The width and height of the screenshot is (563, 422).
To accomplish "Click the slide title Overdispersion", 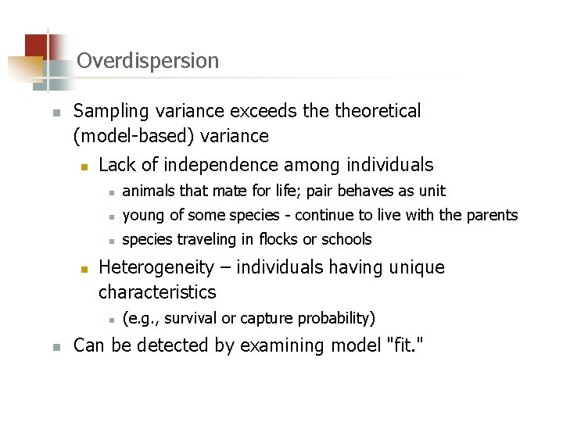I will coord(148,60).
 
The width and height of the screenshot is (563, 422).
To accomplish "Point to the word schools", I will coord(347,239).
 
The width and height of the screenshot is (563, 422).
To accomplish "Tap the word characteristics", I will coord(156,292).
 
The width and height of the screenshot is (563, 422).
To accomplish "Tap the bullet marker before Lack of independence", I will coord(85,166).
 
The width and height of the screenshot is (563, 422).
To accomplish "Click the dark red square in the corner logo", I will coord(34,45).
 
